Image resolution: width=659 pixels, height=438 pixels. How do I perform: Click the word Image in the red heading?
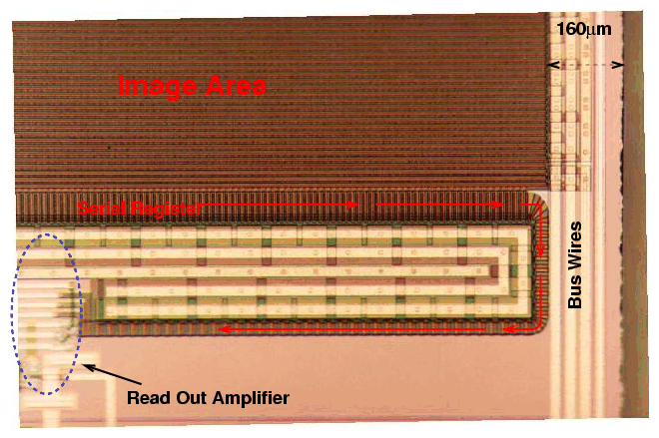click(157, 87)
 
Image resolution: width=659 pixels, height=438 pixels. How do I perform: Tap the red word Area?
click(237, 85)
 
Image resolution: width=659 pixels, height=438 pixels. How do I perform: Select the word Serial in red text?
click(101, 208)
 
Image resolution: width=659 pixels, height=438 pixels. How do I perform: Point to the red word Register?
click(166, 209)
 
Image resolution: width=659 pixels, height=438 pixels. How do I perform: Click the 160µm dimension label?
click(584, 29)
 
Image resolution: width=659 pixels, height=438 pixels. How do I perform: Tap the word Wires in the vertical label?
click(574, 246)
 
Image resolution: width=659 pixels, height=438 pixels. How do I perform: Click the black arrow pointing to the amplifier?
click(113, 374)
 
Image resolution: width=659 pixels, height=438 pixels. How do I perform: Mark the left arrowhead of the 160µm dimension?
click(554, 65)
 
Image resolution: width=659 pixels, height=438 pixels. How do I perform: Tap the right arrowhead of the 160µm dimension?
click(617, 65)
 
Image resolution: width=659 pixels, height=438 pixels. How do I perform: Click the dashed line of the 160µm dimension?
click(585, 65)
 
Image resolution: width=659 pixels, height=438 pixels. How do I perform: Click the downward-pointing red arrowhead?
click(540, 251)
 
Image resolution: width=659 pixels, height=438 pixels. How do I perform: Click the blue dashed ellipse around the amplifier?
click(46, 314)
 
